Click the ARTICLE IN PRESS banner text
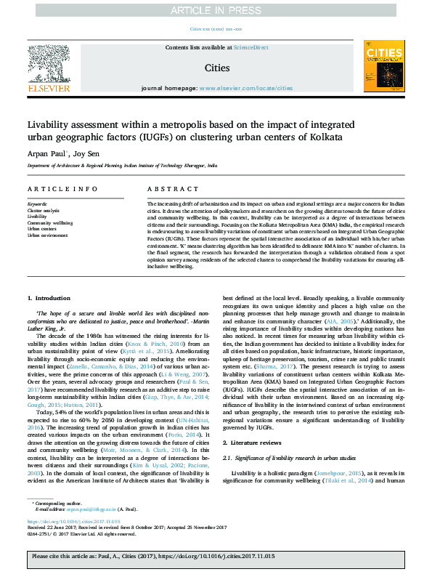click(216, 9)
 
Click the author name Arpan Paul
click(45, 154)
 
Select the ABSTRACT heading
click(163, 189)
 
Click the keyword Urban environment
click(44, 235)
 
